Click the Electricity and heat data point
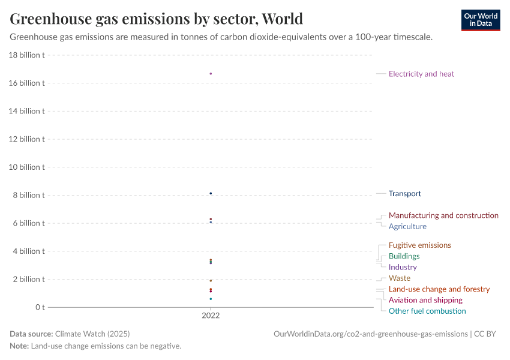211,74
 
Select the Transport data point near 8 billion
211,193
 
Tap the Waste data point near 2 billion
211,280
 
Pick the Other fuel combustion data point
211,299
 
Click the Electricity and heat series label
421,74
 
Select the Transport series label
404,194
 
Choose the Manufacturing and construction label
443,215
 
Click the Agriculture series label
407,226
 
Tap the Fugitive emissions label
419,245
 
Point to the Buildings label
404,256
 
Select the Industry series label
402,267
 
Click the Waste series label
399,278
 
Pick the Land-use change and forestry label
439,289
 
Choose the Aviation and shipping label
425,300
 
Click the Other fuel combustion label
427,311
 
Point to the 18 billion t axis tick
27,55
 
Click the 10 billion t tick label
27,167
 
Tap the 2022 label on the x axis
211,316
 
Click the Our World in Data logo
480,20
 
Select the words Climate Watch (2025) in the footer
92,334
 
